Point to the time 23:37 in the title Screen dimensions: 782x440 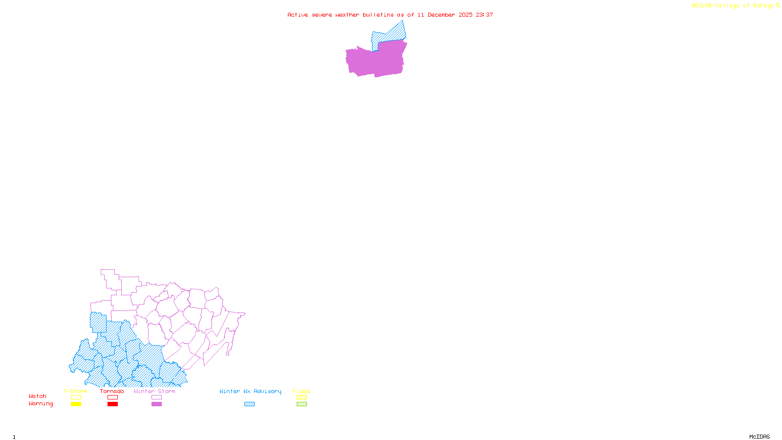tap(484, 15)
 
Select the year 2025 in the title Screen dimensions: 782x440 tap(465, 15)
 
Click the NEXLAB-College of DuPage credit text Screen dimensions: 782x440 tap(732, 6)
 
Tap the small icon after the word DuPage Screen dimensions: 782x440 tap(778, 5)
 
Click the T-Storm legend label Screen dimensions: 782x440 tap(75, 391)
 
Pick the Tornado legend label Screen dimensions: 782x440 tap(112, 391)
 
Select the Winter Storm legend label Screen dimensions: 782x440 tap(154, 391)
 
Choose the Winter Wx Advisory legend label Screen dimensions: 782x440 tap(250, 391)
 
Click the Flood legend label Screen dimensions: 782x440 tap(302, 391)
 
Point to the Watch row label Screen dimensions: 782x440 tap(38, 396)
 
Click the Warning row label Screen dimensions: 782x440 tap(41, 404)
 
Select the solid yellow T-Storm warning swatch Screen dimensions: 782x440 tap(76, 404)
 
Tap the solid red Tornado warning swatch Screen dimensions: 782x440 tap(113, 404)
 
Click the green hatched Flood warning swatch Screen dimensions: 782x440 tap(302, 404)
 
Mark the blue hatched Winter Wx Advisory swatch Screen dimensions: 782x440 tap(250, 404)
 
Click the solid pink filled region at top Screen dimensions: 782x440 tap(376, 61)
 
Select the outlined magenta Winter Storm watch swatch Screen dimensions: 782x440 tap(156, 397)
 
